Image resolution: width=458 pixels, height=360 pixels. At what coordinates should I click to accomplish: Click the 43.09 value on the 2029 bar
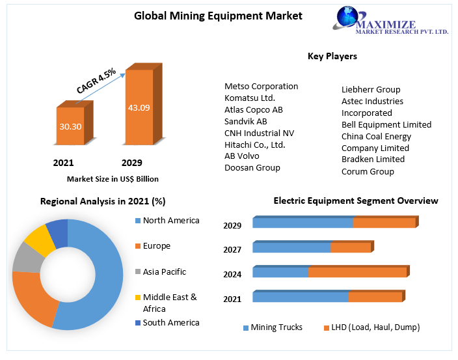(x=139, y=107)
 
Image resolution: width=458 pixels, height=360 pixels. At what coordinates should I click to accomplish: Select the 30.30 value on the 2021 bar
(x=70, y=126)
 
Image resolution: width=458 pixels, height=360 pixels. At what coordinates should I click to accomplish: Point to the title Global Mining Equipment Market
(x=218, y=15)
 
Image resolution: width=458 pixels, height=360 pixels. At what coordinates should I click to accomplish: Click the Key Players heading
(x=332, y=57)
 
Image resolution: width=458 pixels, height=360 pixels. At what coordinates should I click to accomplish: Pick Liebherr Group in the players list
(x=371, y=89)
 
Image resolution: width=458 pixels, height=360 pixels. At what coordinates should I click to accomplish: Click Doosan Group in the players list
(x=252, y=167)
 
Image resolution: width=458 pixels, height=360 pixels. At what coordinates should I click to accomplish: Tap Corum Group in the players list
(x=368, y=171)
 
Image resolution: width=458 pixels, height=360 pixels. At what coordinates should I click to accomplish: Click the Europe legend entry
(x=156, y=246)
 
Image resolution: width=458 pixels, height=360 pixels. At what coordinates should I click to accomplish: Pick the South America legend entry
(x=170, y=322)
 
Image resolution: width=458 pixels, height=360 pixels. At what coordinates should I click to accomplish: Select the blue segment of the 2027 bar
(x=291, y=247)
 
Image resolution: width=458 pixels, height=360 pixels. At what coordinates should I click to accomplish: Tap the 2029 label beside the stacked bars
(x=232, y=226)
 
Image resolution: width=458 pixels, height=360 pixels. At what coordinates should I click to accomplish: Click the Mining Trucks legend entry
(x=276, y=327)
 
